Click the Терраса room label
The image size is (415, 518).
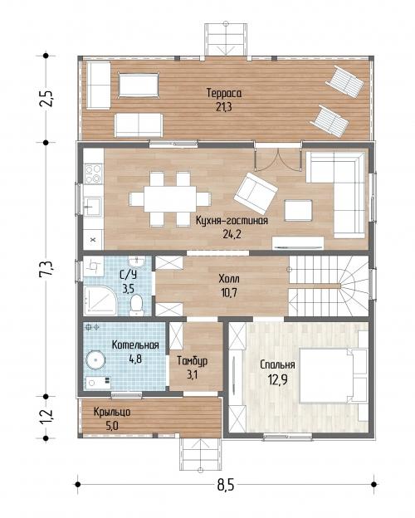(224, 93)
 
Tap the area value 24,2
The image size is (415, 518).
(232, 234)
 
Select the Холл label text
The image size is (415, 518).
(229, 279)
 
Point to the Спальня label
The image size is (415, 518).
(277, 364)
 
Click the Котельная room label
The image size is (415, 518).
(135, 345)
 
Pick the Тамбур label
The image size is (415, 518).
(193, 361)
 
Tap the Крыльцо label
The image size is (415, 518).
(112, 412)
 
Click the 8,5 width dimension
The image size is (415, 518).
(226, 486)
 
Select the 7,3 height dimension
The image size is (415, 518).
(46, 269)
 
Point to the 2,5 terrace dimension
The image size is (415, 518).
(46, 98)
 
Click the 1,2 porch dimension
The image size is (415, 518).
(46, 416)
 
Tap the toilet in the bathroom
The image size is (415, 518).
(136, 304)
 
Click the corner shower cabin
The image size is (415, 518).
(100, 300)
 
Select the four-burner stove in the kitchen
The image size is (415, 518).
(93, 174)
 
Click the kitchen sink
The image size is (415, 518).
(93, 207)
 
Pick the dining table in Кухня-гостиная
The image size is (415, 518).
(170, 199)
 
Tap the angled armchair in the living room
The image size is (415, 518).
(256, 193)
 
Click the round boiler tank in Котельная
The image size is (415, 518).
(95, 359)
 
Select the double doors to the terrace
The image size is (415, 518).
(278, 159)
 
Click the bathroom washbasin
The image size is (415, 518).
(136, 262)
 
